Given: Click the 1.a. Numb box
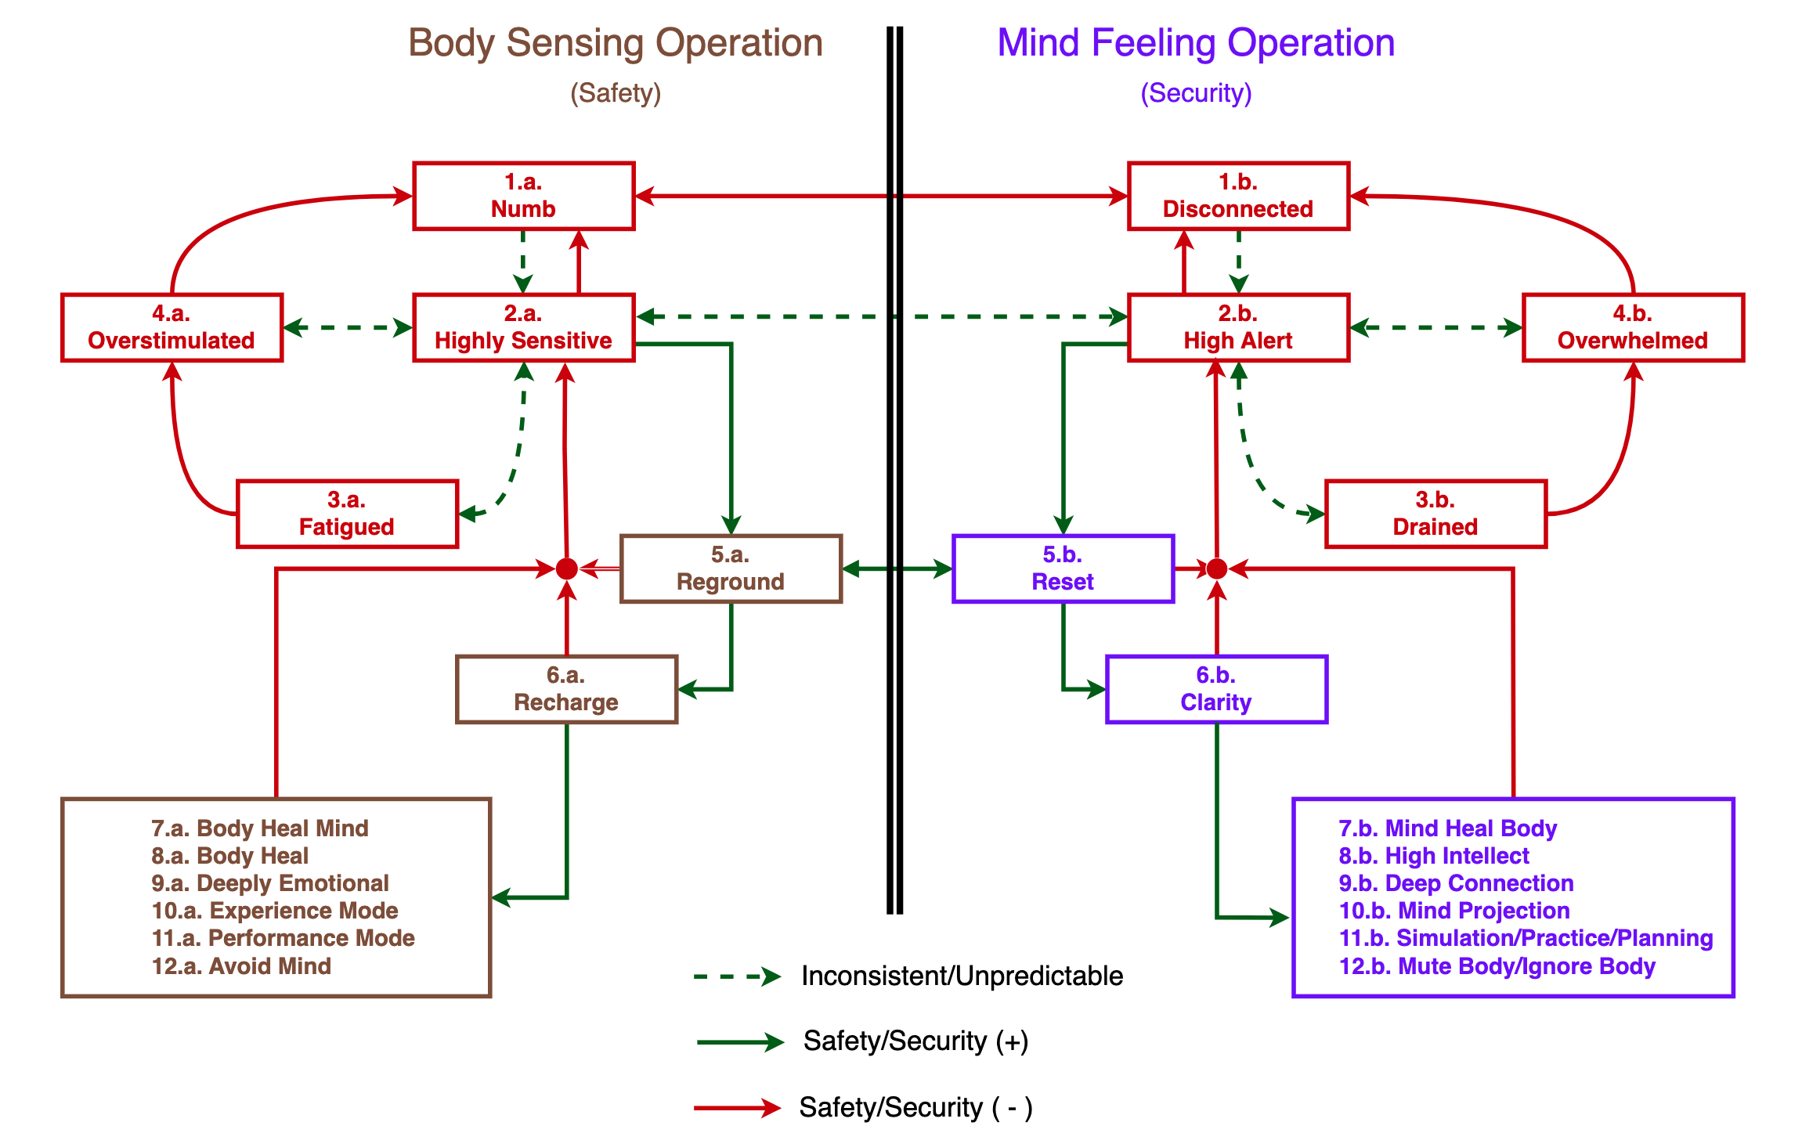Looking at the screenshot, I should pyautogui.click(x=523, y=196).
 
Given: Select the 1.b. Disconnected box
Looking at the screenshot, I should pyautogui.click(x=1237, y=196).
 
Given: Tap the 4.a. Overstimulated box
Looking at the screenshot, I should pyautogui.click(x=172, y=327).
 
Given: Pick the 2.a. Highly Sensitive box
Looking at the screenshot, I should pyautogui.click(x=523, y=327).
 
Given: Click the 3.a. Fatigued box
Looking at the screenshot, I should pyautogui.click(x=347, y=514).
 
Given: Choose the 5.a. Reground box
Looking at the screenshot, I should pyautogui.click(x=730, y=568).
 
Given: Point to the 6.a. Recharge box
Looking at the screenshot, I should pyautogui.click(x=566, y=689).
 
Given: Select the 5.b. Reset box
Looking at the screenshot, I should pyautogui.click(x=1063, y=568).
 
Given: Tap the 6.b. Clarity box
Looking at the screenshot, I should pyautogui.click(x=1215, y=689).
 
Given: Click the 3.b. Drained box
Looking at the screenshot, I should pyautogui.click(x=1435, y=514).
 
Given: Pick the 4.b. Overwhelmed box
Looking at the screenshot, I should pyautogui.click(x=1632, y=327).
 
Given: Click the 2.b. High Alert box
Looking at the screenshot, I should pyautogui.click(x=1237, y=327).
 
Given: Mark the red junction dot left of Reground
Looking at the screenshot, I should pyautogui.click(x=567, y=569).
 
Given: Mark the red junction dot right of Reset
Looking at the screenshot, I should pyautogui.click(x=1216, y=569).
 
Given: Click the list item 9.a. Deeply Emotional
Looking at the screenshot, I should pyautogui.click(x=270, y=883).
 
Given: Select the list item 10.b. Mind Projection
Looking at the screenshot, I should pyautogui.click(x=1454, y=911).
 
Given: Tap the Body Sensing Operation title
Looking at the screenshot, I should pyautogui.click(x=616, y=43).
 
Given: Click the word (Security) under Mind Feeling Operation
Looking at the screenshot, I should pyautogui.click(x=1196, y=93).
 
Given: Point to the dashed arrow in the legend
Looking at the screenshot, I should pyautogui.click(x=736, y=976).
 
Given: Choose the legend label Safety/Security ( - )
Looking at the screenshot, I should pyautogui.click(x=915, y=1108).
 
